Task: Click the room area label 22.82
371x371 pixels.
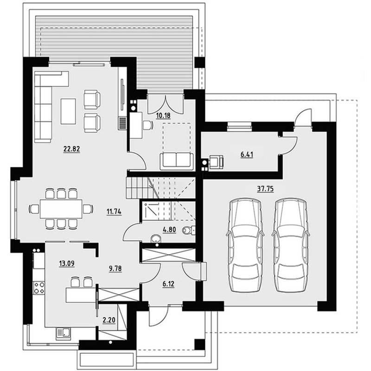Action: click(72, 149)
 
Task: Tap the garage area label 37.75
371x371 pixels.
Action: click(265, 189)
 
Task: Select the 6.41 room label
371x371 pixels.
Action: click(247, 154)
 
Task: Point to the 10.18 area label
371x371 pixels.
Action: click(163, 115)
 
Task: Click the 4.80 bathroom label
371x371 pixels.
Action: click(169, 230)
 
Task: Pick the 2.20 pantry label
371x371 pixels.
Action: click(109, 320)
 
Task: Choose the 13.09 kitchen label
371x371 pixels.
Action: click(67, 263)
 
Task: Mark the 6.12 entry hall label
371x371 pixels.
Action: click(168, 284)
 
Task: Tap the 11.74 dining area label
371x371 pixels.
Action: click(114, 211)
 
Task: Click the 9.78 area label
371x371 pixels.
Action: click(115, 269)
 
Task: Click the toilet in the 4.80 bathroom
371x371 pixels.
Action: click(189, 230)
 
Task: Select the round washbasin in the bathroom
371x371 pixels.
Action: click(155, 239)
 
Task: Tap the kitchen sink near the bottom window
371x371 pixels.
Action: click(64, 333)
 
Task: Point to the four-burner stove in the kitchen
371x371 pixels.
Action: click(39, 288)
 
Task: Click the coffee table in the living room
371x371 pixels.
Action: click(68, 111)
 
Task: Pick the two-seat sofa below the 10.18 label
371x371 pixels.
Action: click(177, 161)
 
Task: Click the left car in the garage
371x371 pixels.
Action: click(245, 245)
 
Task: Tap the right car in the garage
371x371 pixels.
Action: click(291, 245)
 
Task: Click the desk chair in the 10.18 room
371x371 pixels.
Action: click(148, 125)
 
